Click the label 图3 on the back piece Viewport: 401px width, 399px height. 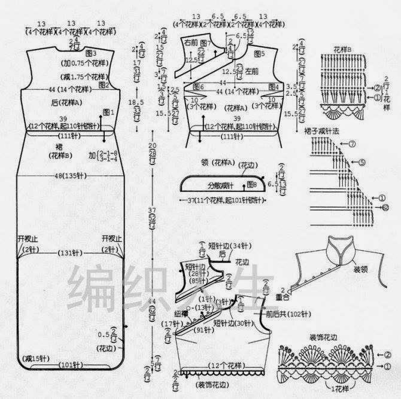point(91,54)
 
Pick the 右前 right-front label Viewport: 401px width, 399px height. point(191,42)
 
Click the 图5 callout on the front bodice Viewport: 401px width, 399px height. point(259,53)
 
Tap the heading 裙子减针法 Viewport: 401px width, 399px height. point(327,130)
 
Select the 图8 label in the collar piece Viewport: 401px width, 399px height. point(251,184)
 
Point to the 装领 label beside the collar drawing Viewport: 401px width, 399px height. point(360,269)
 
